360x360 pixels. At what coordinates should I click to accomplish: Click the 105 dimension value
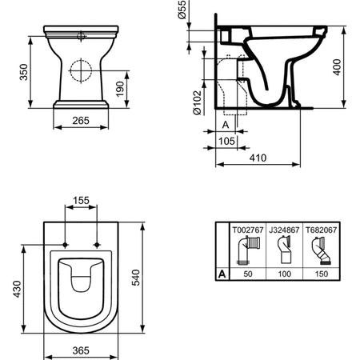point(227,142)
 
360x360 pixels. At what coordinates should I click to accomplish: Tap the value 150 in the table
point(321,274)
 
